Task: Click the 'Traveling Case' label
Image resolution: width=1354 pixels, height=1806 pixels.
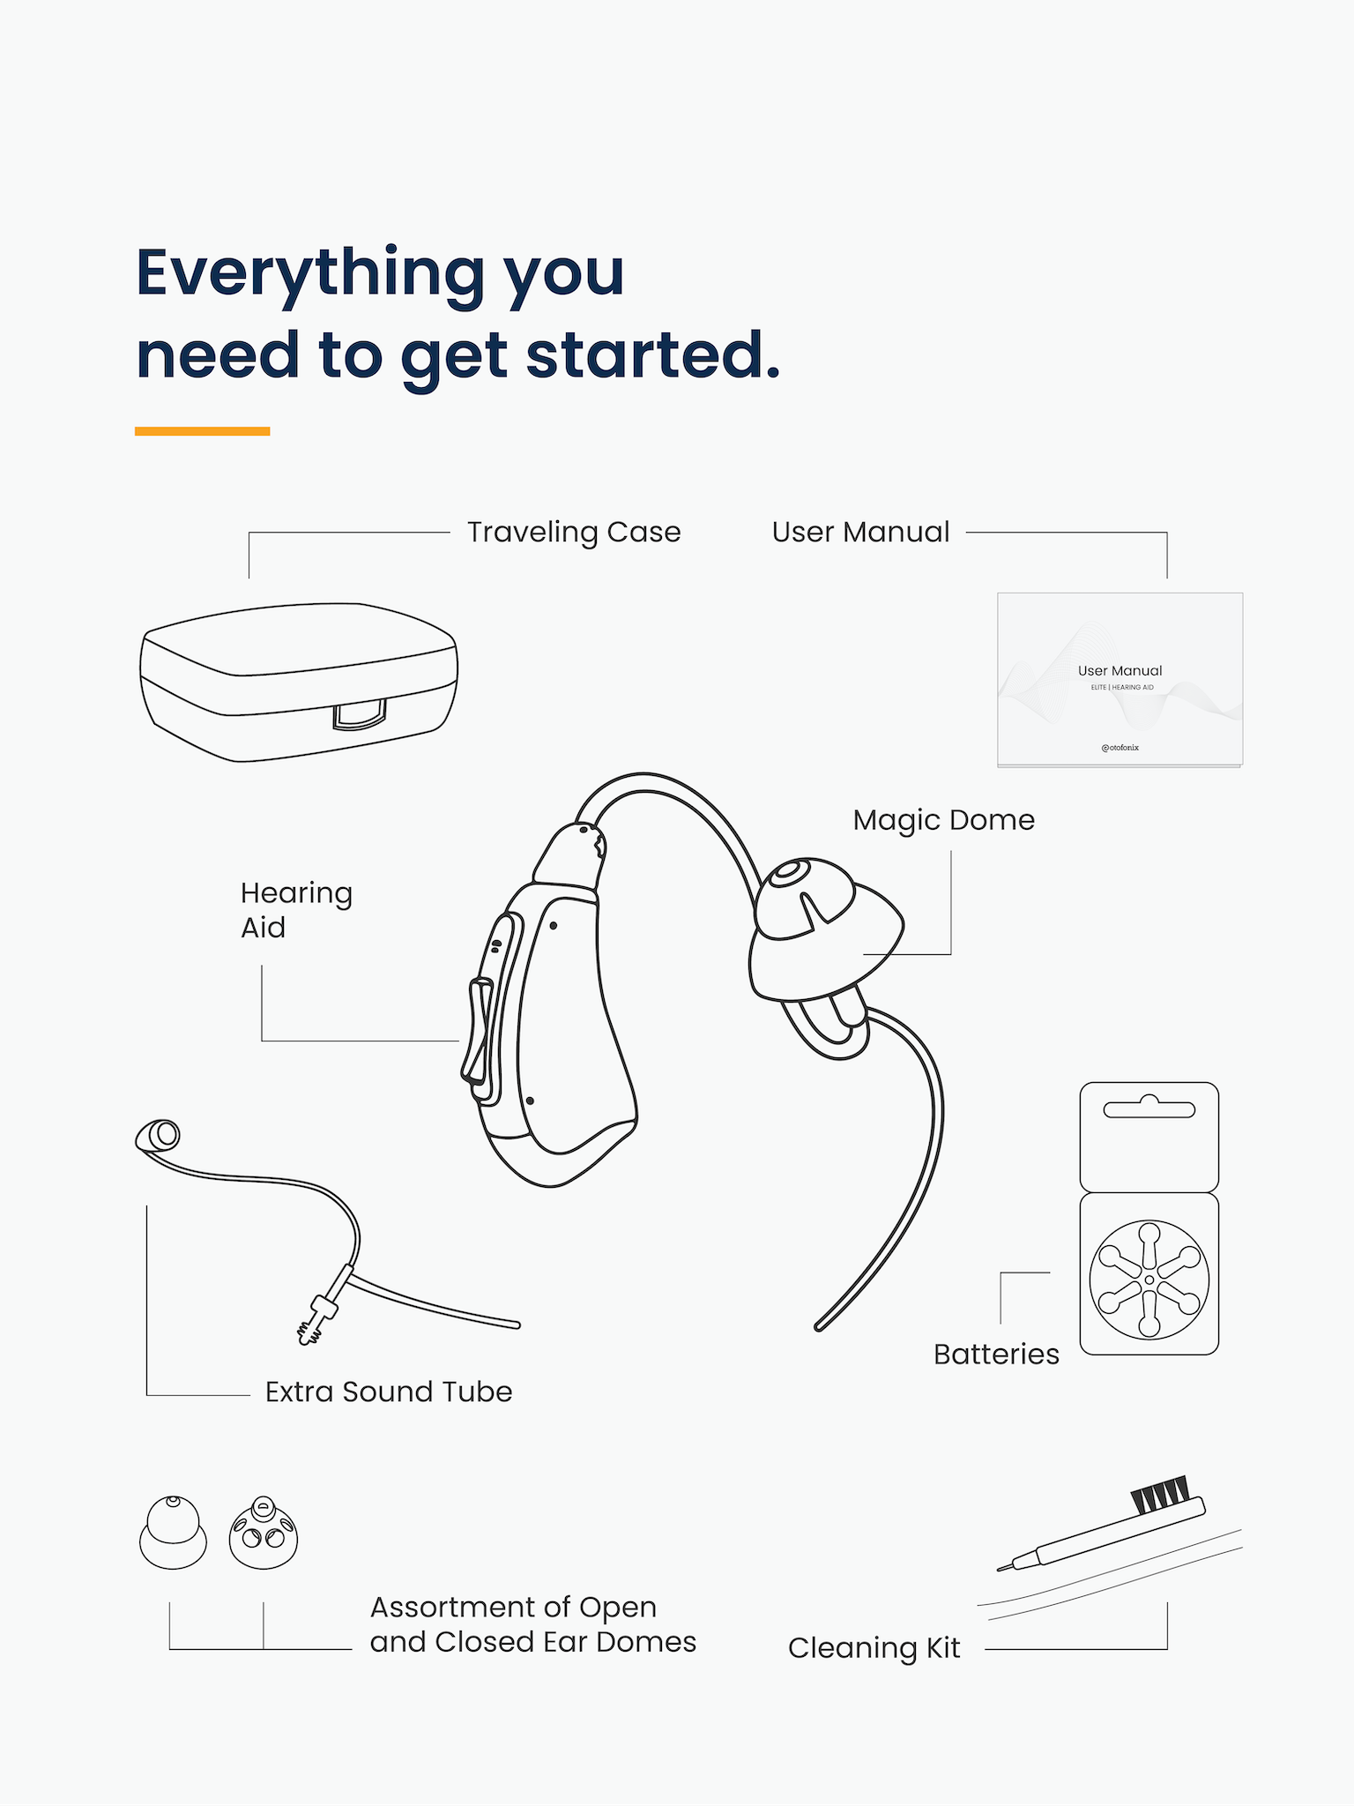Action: [574, 532]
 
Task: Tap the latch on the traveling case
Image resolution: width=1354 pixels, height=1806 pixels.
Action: [360, 714]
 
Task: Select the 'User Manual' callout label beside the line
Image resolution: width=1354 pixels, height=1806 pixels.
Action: [860, 532]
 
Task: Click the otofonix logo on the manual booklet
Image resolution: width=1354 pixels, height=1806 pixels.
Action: [1120, 747]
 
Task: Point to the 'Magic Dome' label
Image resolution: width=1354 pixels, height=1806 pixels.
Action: [943, 820]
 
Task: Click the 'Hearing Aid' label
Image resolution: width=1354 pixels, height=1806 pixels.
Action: [296, 909]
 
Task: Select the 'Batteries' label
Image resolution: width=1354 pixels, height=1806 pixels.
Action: [996, 1354]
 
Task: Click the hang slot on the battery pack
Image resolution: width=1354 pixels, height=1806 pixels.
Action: [1149, 1108]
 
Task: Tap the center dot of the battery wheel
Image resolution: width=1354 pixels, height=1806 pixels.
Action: [1149, 1280]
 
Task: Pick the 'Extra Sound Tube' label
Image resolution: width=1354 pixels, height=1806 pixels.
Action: [389, 1391]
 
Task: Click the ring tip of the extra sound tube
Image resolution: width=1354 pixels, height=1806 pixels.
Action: [159, 1136]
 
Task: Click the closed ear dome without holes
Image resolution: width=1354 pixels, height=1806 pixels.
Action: [173, 1533]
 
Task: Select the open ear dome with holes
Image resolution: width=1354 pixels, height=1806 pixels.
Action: [264, 1533]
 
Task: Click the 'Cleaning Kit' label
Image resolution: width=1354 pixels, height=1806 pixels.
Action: [874, 1647]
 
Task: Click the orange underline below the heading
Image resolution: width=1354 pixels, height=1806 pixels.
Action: [202, 431]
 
